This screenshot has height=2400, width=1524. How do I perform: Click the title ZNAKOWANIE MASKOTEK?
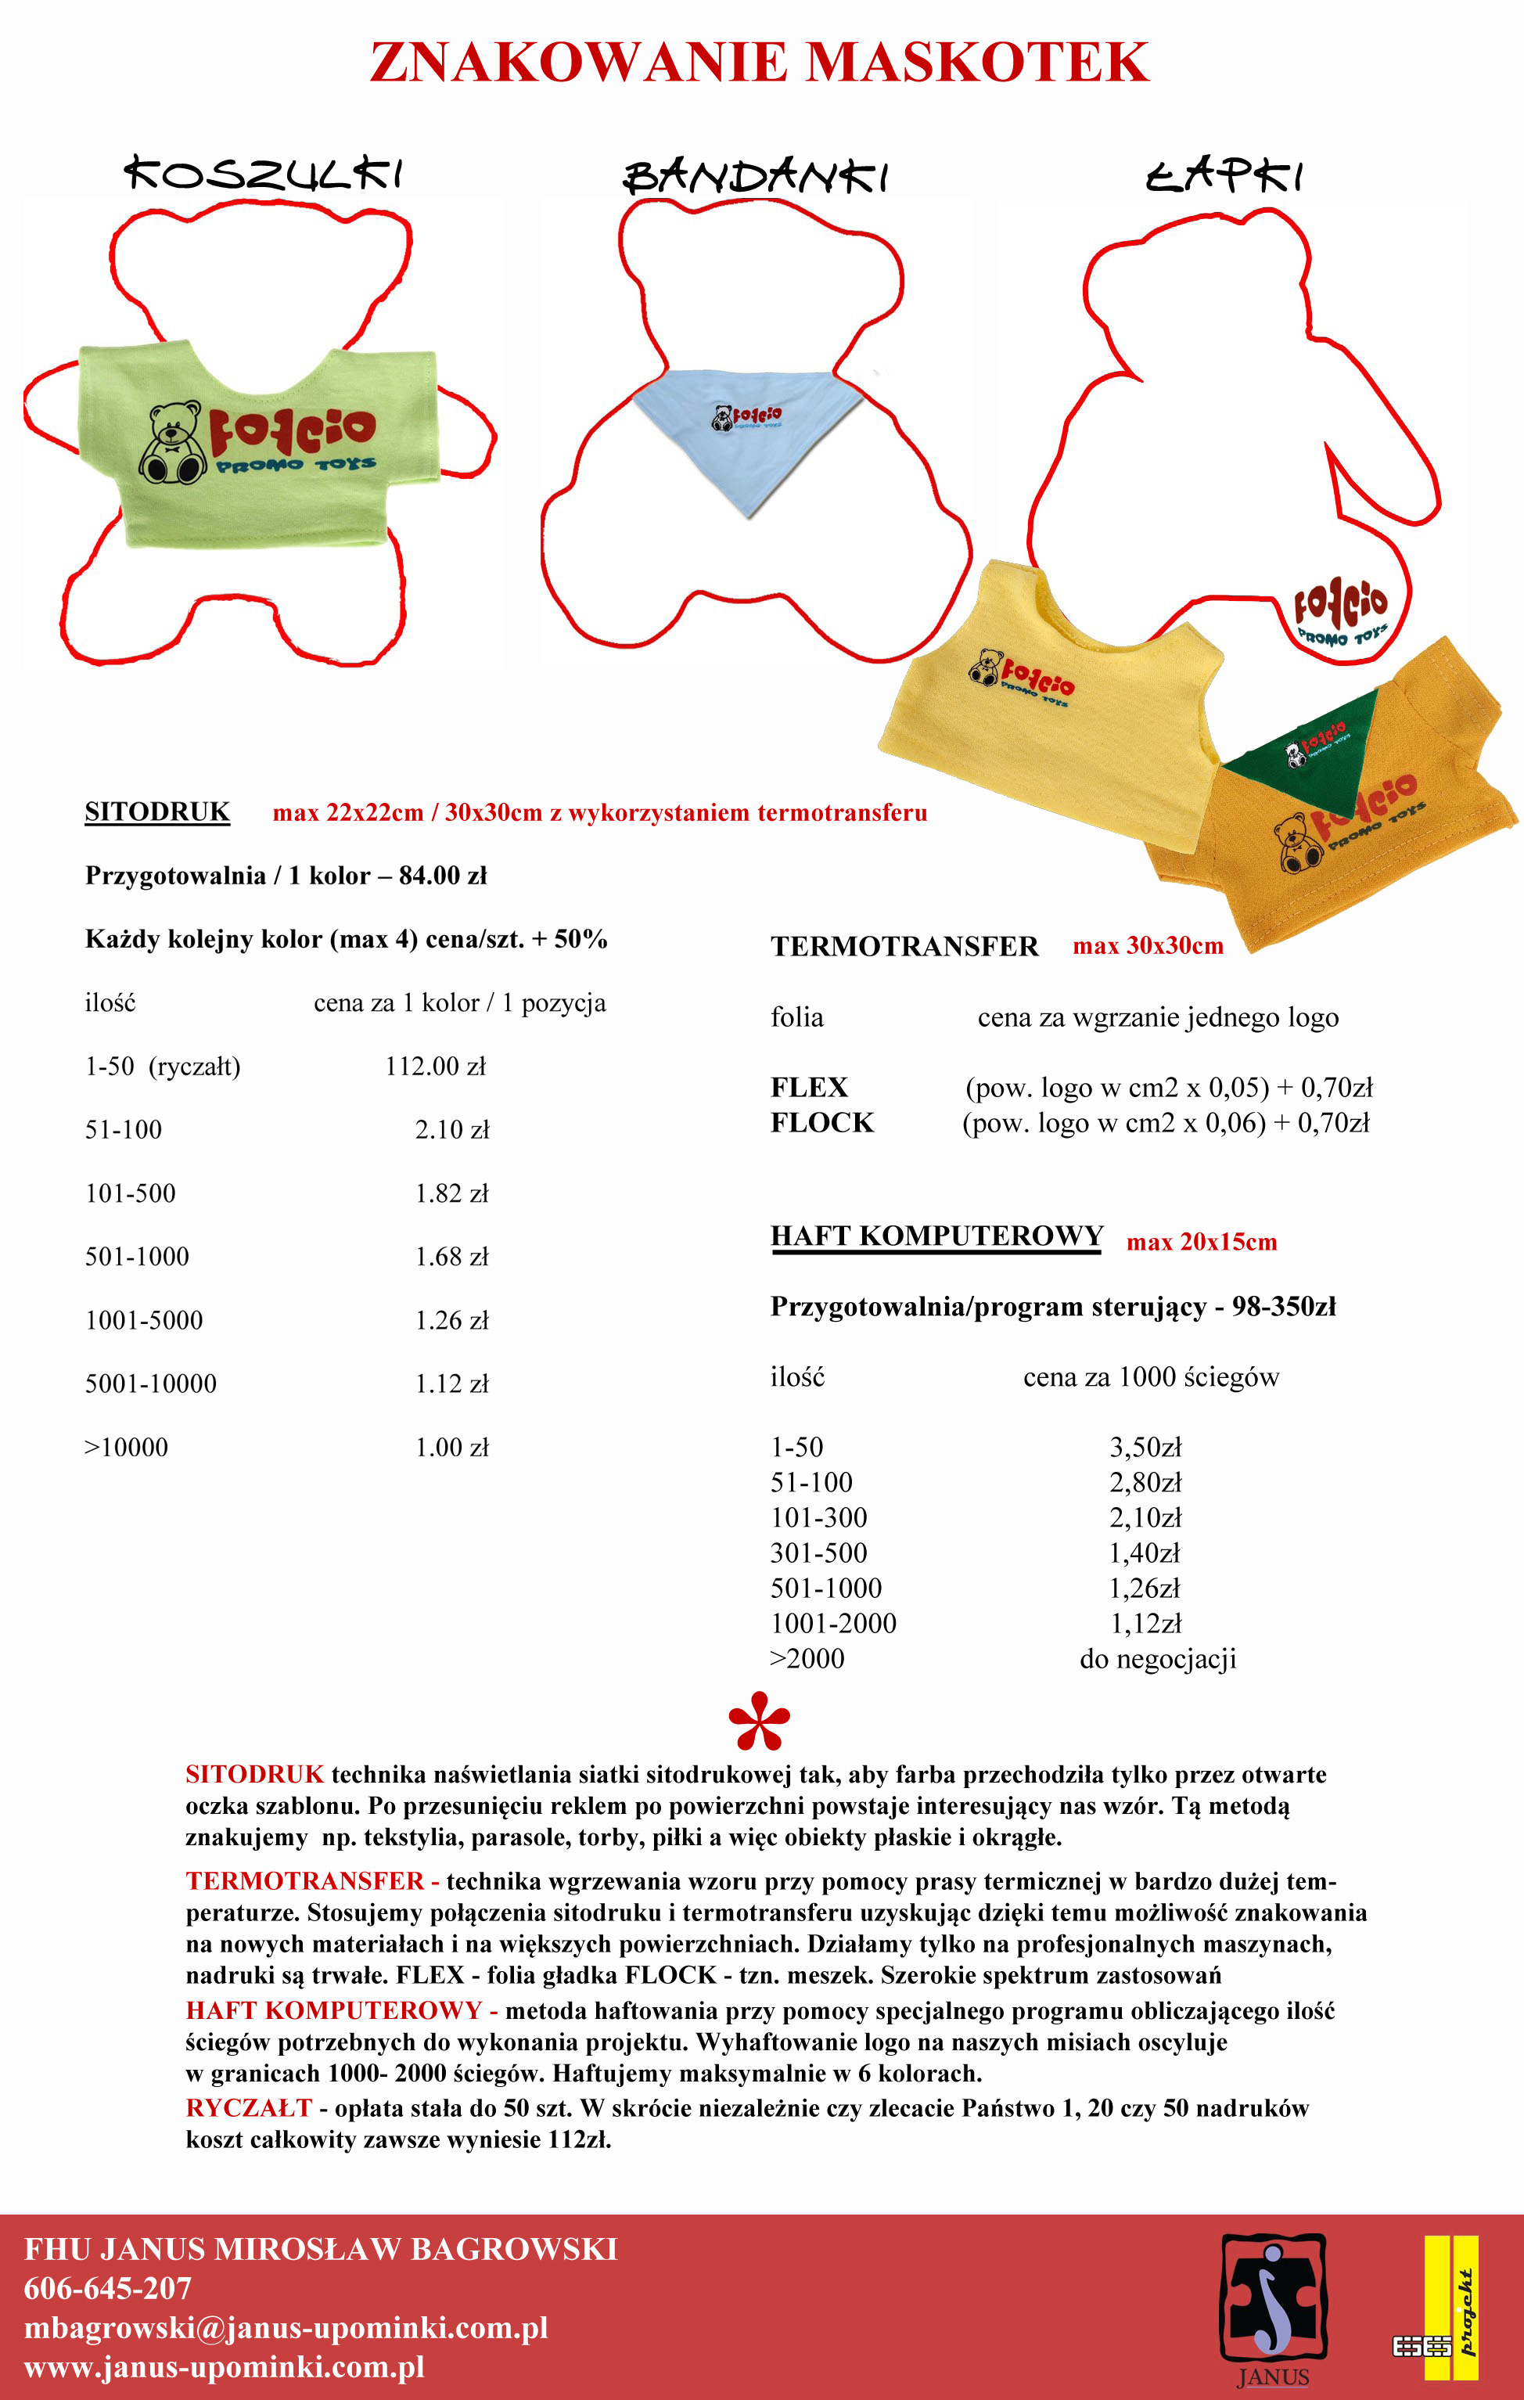(760, 62)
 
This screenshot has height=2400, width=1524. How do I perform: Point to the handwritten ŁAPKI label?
(1225, 175)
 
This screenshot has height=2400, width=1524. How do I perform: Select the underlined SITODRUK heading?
(157, 812)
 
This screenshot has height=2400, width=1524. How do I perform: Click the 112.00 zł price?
(436, 1067)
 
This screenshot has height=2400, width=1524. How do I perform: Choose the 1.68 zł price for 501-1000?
(451, 1257)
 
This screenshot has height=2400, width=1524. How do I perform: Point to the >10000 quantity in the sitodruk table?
(127, 1447)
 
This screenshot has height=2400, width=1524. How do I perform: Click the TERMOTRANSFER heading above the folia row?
(904, 946)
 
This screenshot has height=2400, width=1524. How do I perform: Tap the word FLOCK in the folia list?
(821, 1123)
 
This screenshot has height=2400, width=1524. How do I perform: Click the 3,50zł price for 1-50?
(1145, 1447)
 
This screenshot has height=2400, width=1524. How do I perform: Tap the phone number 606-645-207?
(108, 2288)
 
